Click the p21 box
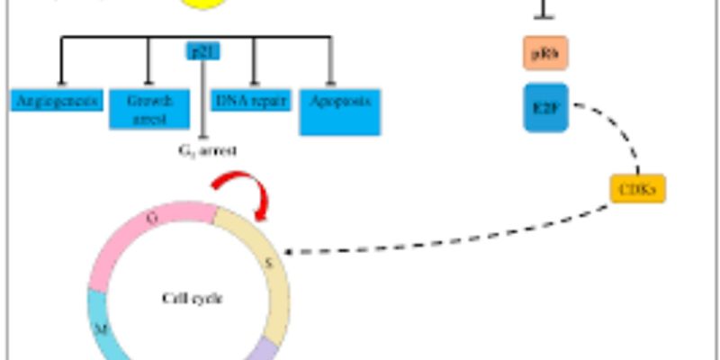[x=203, y=51]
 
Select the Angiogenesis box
[x=57, y=100]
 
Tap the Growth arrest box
[x=148, y=108]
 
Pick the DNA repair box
[x=251, y=100]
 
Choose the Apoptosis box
[x=340, y=111]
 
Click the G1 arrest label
[x=208, y=150]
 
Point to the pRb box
[x=545, y=54]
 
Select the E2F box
[x=545, y=107]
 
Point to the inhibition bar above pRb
[x=545, y=15]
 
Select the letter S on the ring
[x=267, y=263]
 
